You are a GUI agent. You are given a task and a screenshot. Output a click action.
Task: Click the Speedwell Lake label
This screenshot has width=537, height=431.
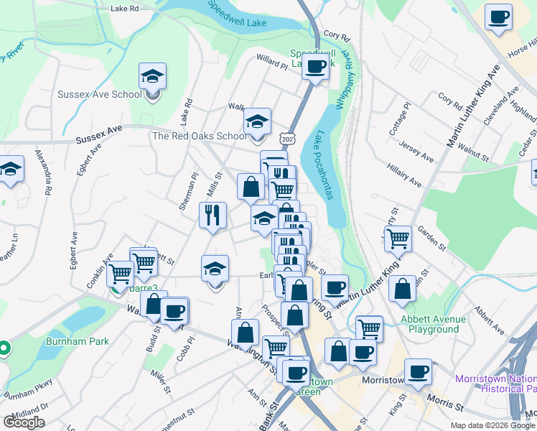click(235, 14)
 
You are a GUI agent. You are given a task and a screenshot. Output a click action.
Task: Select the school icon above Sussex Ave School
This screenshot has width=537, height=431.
click(152, 76)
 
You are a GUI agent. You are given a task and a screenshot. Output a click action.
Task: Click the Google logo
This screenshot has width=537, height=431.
click(24, 422)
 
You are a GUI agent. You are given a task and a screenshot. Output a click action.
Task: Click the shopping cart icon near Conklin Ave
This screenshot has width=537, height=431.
click(120, 273)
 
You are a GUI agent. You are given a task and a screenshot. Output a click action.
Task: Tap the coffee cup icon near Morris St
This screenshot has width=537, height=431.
click(418, 371)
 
